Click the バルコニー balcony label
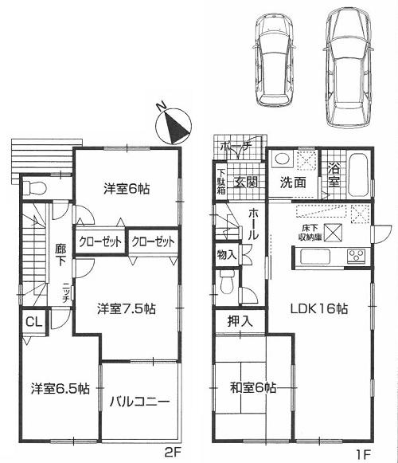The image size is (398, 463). point(139,402)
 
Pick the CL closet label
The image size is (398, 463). point(32,322)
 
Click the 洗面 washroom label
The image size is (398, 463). point(291,181)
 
